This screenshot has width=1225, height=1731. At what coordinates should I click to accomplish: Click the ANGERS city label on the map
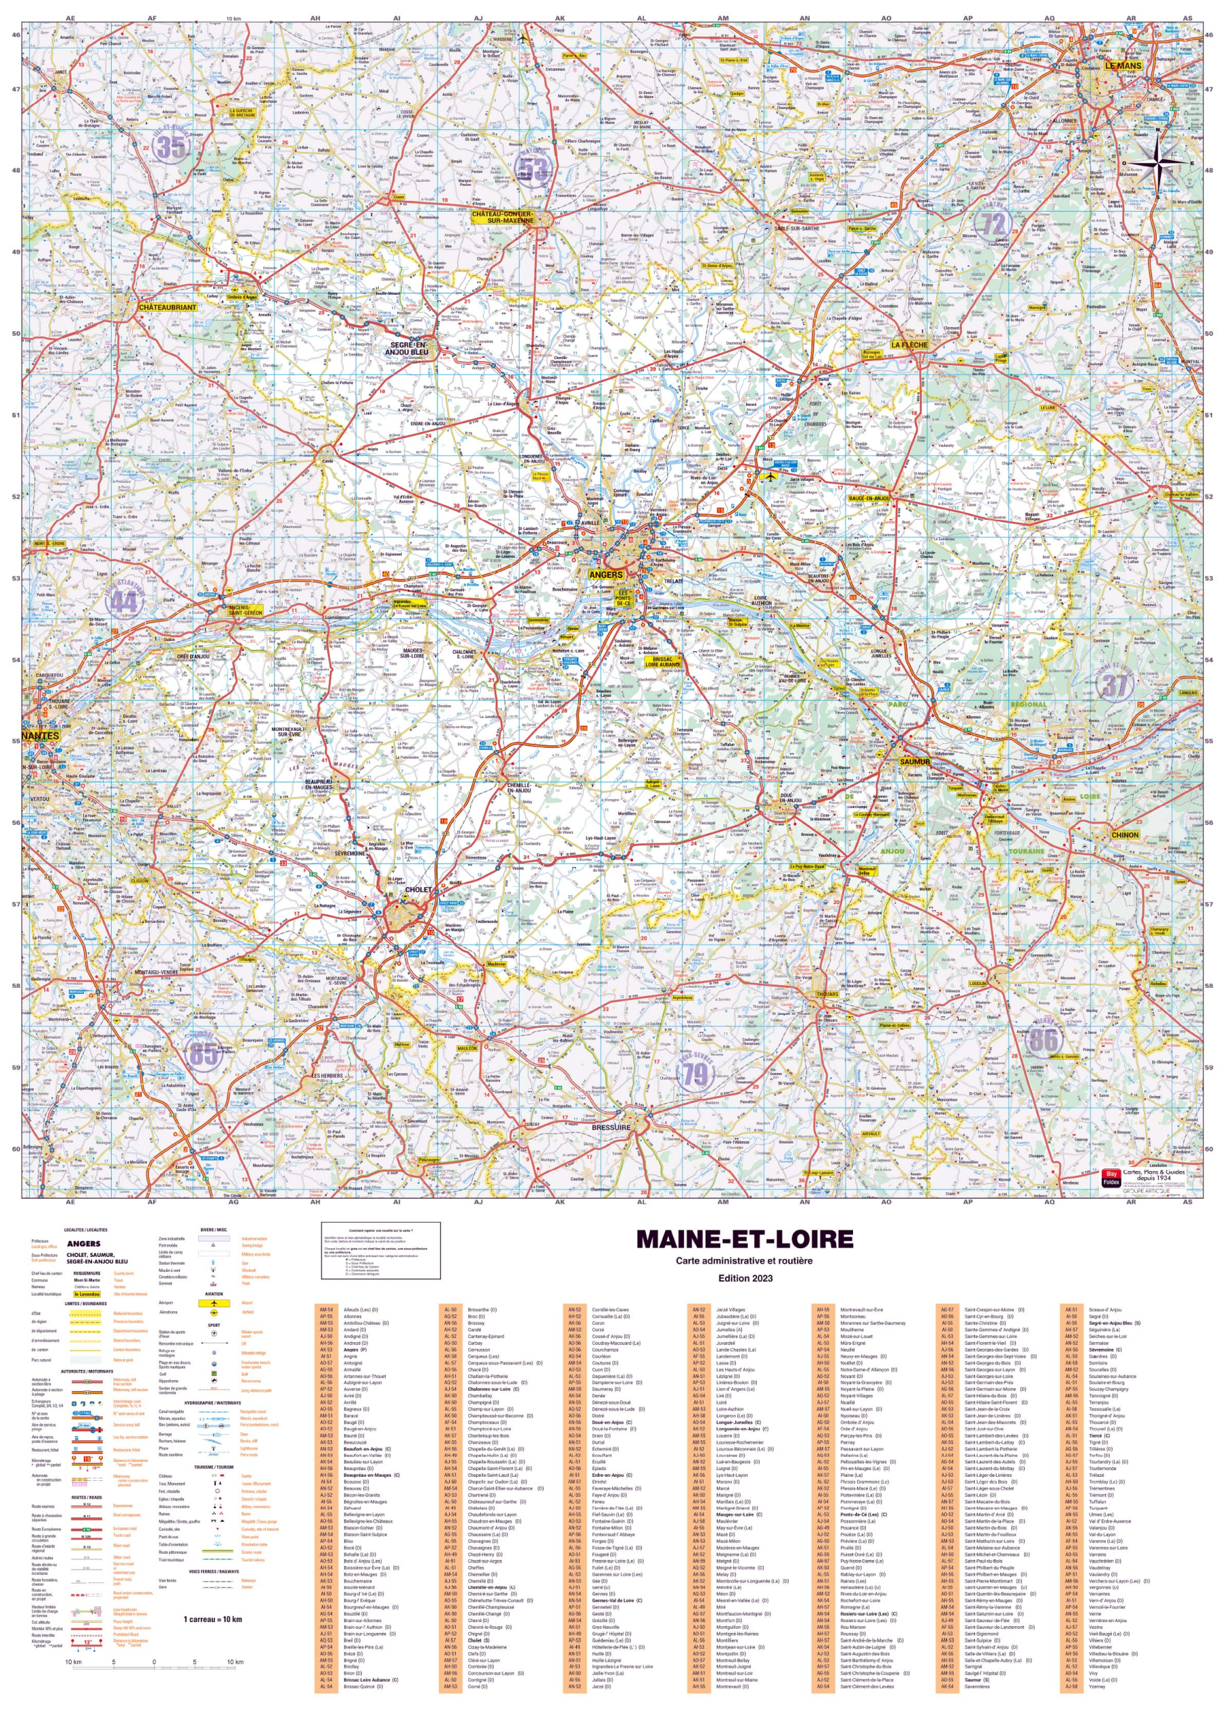click(x=605, y=575)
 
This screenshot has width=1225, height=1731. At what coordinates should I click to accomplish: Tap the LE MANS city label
click(x=1123, y=66)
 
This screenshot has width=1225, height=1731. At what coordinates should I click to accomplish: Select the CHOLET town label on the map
click(x=419, y=890)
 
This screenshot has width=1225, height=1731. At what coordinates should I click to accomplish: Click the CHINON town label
click(x=1125, y=834)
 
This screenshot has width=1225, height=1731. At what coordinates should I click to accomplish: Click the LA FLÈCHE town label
click(x=909, y=345)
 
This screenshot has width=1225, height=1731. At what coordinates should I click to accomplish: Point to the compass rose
click(x=1155, y=162)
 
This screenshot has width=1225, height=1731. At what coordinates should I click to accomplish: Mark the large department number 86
click(x=1044, y=1041)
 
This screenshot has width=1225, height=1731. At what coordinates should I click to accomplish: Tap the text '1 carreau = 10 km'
click(x=214, y=1619)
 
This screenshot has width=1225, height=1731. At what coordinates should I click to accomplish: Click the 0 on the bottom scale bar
click(x=154, y=1663)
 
